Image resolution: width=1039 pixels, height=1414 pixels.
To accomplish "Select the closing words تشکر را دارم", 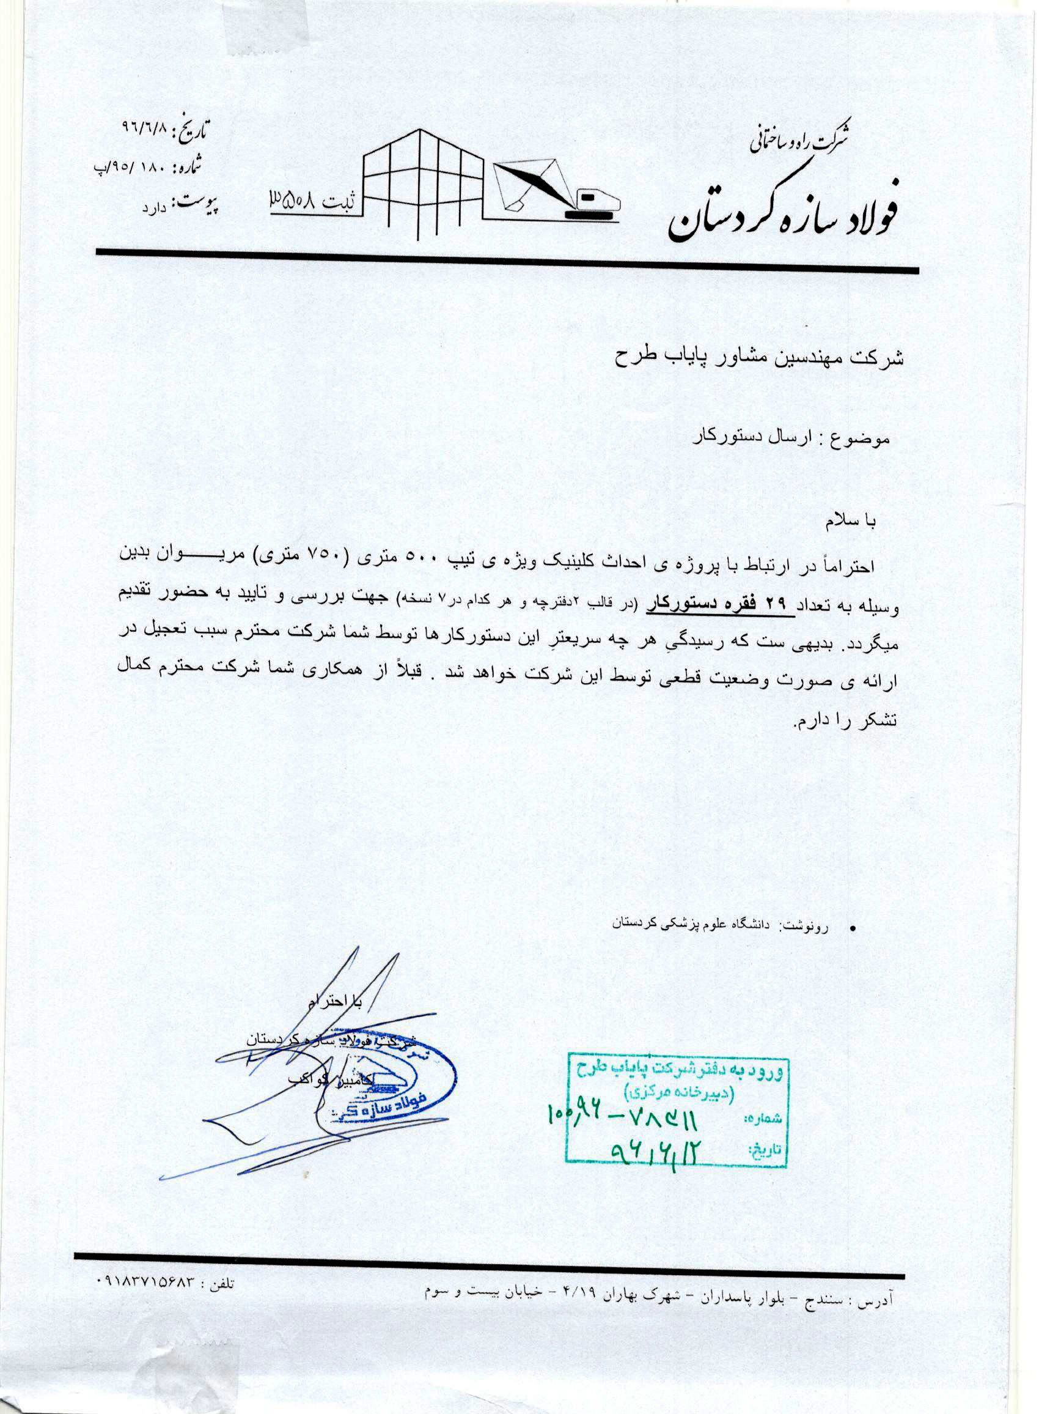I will click(833, 721).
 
